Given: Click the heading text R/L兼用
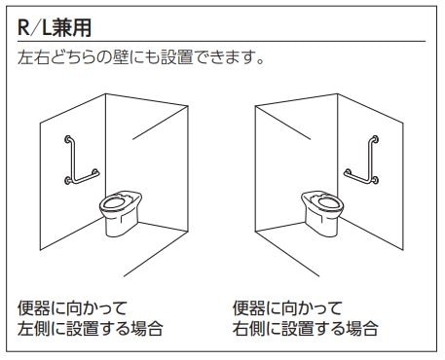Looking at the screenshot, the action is click(x=55, y=27).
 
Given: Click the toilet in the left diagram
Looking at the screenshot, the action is click(x=121, y=213).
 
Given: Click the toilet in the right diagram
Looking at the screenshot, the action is click(x=322, y=213).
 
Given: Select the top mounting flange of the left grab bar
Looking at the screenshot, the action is click(x=68, y=139).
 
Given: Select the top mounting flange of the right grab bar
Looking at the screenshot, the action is click(x=375, y=139).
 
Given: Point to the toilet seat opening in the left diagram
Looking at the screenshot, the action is click(x=113, y=202).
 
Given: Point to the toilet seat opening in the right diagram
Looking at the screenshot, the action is click(x=329, y=202).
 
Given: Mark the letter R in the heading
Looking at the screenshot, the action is click(x=23, y=27).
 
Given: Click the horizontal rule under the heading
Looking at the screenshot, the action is click(x=221, y=42).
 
